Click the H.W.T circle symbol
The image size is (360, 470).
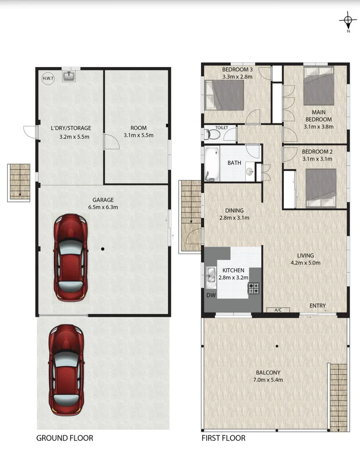point(47,79)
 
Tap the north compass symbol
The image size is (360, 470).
point(347,20)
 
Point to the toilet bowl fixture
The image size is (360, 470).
point(212,134)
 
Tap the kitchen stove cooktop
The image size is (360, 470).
point(253,288)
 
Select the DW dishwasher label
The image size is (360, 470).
point(210,295)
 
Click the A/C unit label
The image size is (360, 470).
point(278,310)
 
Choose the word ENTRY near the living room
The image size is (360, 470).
point(317,306)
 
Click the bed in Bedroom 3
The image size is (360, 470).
point(224,96)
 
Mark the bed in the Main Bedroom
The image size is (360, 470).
point(319,90)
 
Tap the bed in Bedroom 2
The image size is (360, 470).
point(321,188)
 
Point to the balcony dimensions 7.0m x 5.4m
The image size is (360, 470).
point(268,380)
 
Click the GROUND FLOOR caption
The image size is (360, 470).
point(64,438)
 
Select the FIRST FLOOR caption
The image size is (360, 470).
point(223,438)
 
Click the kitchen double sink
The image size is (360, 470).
point(211,277)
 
